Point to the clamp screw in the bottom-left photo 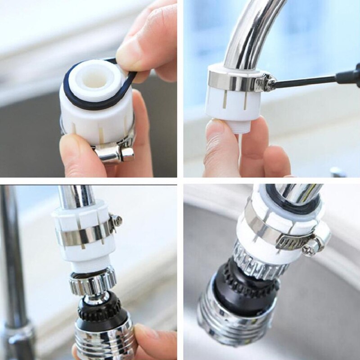pos(117,220)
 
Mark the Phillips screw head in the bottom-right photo pos(311,248)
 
